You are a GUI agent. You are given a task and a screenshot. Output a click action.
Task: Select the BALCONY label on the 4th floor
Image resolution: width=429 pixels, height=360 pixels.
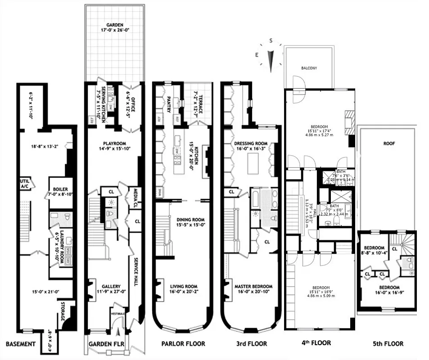[x=309, y=68]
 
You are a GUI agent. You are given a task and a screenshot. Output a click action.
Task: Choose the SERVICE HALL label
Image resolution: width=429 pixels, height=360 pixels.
[x=135, y=272]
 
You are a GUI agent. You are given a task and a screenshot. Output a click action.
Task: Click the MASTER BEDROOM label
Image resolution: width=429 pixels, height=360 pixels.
[x=253, y=286]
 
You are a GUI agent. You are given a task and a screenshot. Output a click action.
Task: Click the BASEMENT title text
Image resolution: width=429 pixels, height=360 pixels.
[x=20, y=344]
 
